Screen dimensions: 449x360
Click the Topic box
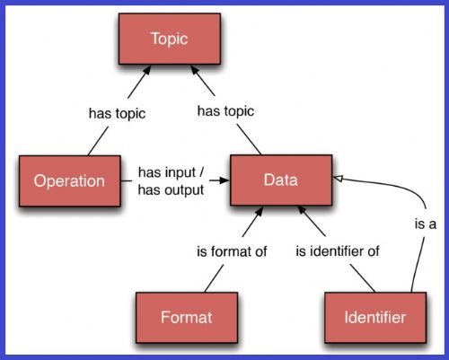pyautogui.click(x=170, y=39)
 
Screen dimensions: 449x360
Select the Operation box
pyautogui.click(x=70, y=181)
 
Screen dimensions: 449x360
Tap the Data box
pyautogui.click(x=281, y=180)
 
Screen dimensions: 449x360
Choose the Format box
pyautogui.click(x=187, y=318)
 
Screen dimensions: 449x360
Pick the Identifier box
pyautogui.click(x=375, y=318)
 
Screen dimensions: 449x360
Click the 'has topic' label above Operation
pyautogui.click(x=117, y=114)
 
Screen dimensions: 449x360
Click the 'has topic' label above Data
pyautogui.click(x=225, y=111)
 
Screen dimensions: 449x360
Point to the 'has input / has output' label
pyautogui.click(x=171, y=181)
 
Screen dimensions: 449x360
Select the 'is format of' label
pyautogui.click(x=232, y=251)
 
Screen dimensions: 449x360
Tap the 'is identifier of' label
pyautogui.click(x=338, y=251)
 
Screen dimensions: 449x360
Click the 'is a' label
pyautogui.click(x=426, y=224)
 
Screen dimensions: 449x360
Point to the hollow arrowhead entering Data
pyautogui.click(x=338, y=179)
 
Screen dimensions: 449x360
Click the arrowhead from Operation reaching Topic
pyautogui.click(x=146, y=70)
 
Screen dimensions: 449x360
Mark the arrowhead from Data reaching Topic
pyautogui.click(x=195, y=70)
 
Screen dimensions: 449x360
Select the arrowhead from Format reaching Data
pyautogui.click(x=259, y=211)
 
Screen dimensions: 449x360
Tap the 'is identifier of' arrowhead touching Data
pyautogui.click(x=303, y=210)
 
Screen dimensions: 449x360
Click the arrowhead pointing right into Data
pyautogui.click(x=224, y=180)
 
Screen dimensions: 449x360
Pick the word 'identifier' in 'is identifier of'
pyautogui.click(x=339, y=251)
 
